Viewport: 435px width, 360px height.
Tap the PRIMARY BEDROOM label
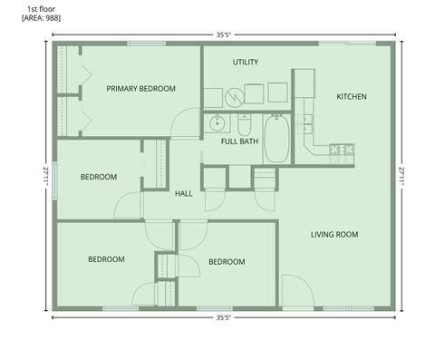tap(140, 88)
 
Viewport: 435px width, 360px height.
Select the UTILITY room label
tap(246, 63)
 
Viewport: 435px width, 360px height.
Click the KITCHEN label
tap(351, 96)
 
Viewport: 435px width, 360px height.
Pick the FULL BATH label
tap(240, 141)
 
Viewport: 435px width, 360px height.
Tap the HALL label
tap(184, 193)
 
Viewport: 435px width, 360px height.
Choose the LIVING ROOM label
tap(334, 234)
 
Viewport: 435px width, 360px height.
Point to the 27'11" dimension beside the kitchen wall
tap(403, 175)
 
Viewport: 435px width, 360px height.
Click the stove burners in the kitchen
tap(342, 151)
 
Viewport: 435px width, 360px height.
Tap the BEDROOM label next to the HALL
tap(98, 177)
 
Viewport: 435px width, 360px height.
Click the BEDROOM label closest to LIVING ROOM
tap(227, 262)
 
